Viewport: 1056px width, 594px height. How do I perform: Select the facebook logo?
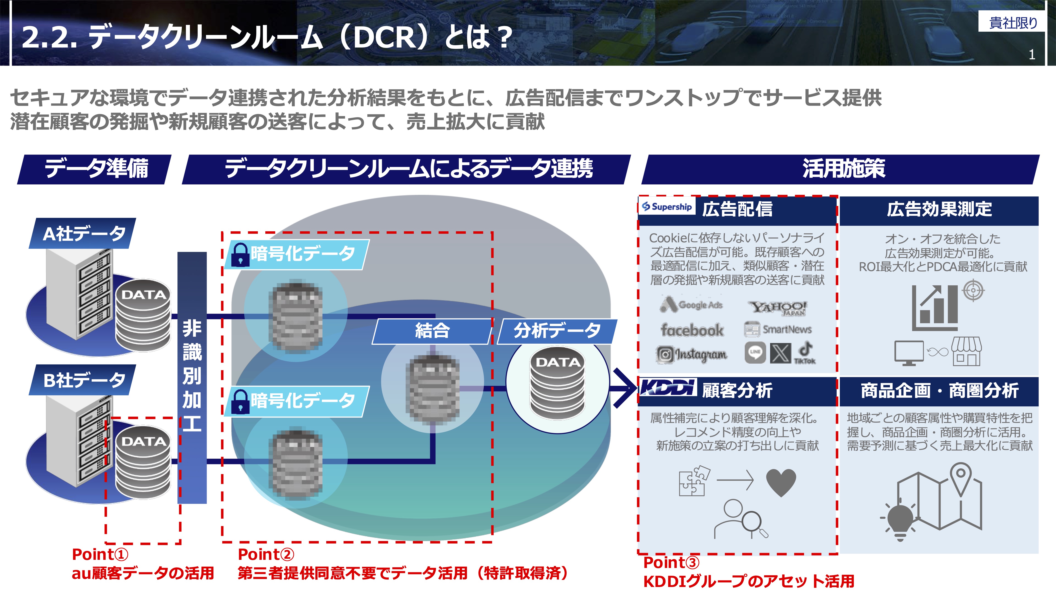[x=692, y=330]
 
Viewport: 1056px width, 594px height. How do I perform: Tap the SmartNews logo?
[x=778, y=329]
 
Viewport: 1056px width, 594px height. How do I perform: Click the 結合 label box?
[x=432, y=331]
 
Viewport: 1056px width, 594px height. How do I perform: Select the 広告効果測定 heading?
[x=939, y=209]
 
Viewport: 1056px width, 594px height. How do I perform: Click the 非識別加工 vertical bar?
[x=192, y=378]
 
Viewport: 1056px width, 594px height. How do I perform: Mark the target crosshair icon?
[x=974, y=291]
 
